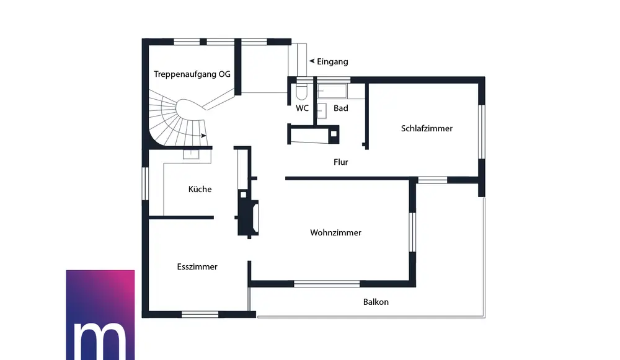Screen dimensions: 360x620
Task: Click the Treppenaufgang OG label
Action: click(x=192, y=74)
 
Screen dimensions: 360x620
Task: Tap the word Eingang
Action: click(x=332, y=61)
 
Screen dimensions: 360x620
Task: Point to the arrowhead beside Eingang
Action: click(x=312, y=61)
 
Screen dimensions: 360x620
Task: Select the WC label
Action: click(x=302, y=108)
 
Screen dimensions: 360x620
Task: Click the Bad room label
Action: click(x=340, y=108)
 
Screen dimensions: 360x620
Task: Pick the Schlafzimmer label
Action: click(x=427, y=128)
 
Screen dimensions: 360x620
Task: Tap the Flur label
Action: click(x=340, y=162)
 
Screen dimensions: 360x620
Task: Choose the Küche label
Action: click(x=200, y=189)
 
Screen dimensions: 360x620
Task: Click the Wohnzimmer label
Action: click(x=335, y=232)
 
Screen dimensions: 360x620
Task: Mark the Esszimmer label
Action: click(x=197, y=266)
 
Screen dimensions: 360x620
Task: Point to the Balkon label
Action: click(x=376, y=302)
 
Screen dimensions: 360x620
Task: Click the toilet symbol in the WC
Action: click(x=302, y=92)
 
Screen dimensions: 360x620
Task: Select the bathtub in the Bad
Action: click(x=332, y=92)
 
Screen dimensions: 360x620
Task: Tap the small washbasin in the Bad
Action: click(x=322, y=111)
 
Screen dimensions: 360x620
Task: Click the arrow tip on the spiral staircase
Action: click(x=205, y=135)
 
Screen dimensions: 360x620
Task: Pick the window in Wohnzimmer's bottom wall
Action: click(x=327, y=284)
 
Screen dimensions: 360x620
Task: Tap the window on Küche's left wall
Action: click(x=145, y=184)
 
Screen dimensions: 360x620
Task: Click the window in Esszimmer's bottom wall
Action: click(x=200, y=314)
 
